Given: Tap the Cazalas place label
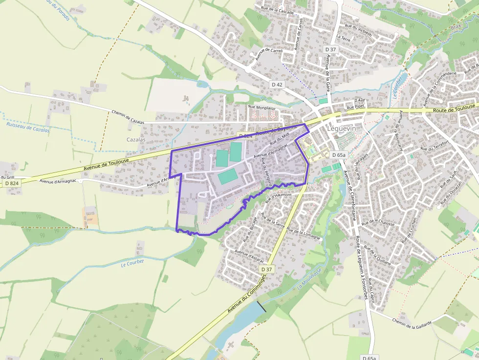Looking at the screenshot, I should click(135, 139).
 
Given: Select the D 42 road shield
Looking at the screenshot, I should click(277, 85).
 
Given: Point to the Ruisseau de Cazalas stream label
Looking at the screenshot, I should click(28, 127).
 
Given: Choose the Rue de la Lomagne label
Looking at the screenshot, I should click(304, 233).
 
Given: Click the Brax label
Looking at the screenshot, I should click(457, 27).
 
